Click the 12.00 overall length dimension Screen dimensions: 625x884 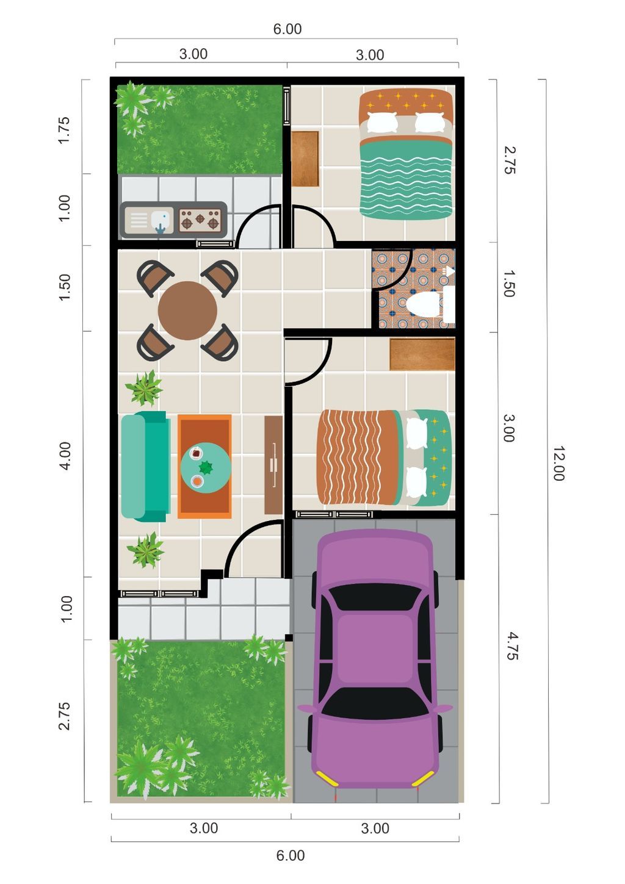coord(558,463)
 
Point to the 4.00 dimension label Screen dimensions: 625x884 coord(65,456)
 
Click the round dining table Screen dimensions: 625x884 coord(187,311)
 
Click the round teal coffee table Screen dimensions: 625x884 coord(205,468)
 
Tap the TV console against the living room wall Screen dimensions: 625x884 coord(273,465)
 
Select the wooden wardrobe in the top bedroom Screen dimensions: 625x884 coord(305,159)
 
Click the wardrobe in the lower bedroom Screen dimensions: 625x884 coord(422,354)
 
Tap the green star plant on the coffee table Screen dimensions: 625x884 coord(205,468)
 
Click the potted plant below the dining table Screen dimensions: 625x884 coord(144,389)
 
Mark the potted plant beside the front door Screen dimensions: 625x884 coord(145,550)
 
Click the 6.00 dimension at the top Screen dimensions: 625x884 coord(287,29)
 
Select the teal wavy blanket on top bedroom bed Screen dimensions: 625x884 coord(406,180)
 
